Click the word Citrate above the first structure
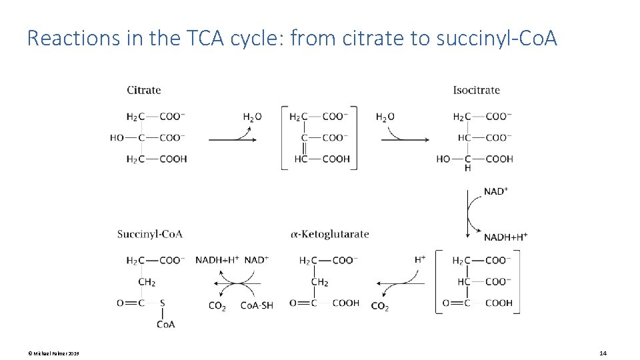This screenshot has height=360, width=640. [x=143, y=90]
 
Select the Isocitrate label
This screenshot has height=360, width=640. [x=476, y=90]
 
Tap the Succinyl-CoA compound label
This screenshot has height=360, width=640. [x=149, y=234]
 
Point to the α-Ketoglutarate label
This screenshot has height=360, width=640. [x=329, y=234]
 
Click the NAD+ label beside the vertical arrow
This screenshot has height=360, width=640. [x=496, y=191]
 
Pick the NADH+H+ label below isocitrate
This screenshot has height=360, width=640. [x=505, y=237]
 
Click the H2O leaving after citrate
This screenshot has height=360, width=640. [x=252, y=117]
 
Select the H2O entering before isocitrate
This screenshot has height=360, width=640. [x=385, y=117]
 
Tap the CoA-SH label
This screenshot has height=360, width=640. [x=257, y=306]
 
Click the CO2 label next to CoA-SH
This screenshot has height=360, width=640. [x=217, y=307]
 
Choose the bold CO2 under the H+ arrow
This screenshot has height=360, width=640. [x=379, y=307]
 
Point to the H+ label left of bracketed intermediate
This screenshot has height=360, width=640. [x=420, y=259]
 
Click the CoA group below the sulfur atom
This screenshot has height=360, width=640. [x=166, y=324]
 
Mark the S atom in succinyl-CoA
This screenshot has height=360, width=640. [x=162, y=303]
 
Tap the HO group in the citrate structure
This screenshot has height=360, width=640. [x=117, y=138]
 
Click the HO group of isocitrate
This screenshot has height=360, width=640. [x=443, y=159]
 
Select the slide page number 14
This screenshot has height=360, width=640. [x=603, y=353]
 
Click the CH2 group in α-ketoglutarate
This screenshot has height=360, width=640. [x=320, y=282]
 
